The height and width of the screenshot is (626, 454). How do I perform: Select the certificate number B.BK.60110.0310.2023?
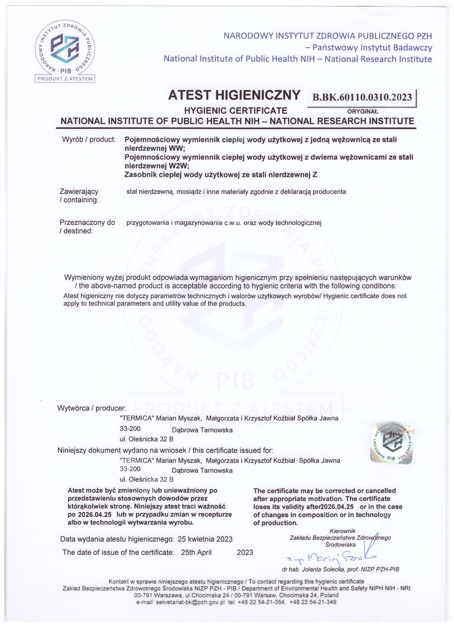point(362,97)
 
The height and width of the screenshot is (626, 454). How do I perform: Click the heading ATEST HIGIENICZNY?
point(234,96)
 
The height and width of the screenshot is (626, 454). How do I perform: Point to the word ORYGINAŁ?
point(363,112)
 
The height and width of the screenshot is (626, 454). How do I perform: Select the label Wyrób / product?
point(88,140)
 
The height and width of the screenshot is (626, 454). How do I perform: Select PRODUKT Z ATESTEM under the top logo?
point(65,79)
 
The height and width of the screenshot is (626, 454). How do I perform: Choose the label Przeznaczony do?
point(87,223)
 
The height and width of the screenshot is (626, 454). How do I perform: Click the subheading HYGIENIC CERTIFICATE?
point(236,111)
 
